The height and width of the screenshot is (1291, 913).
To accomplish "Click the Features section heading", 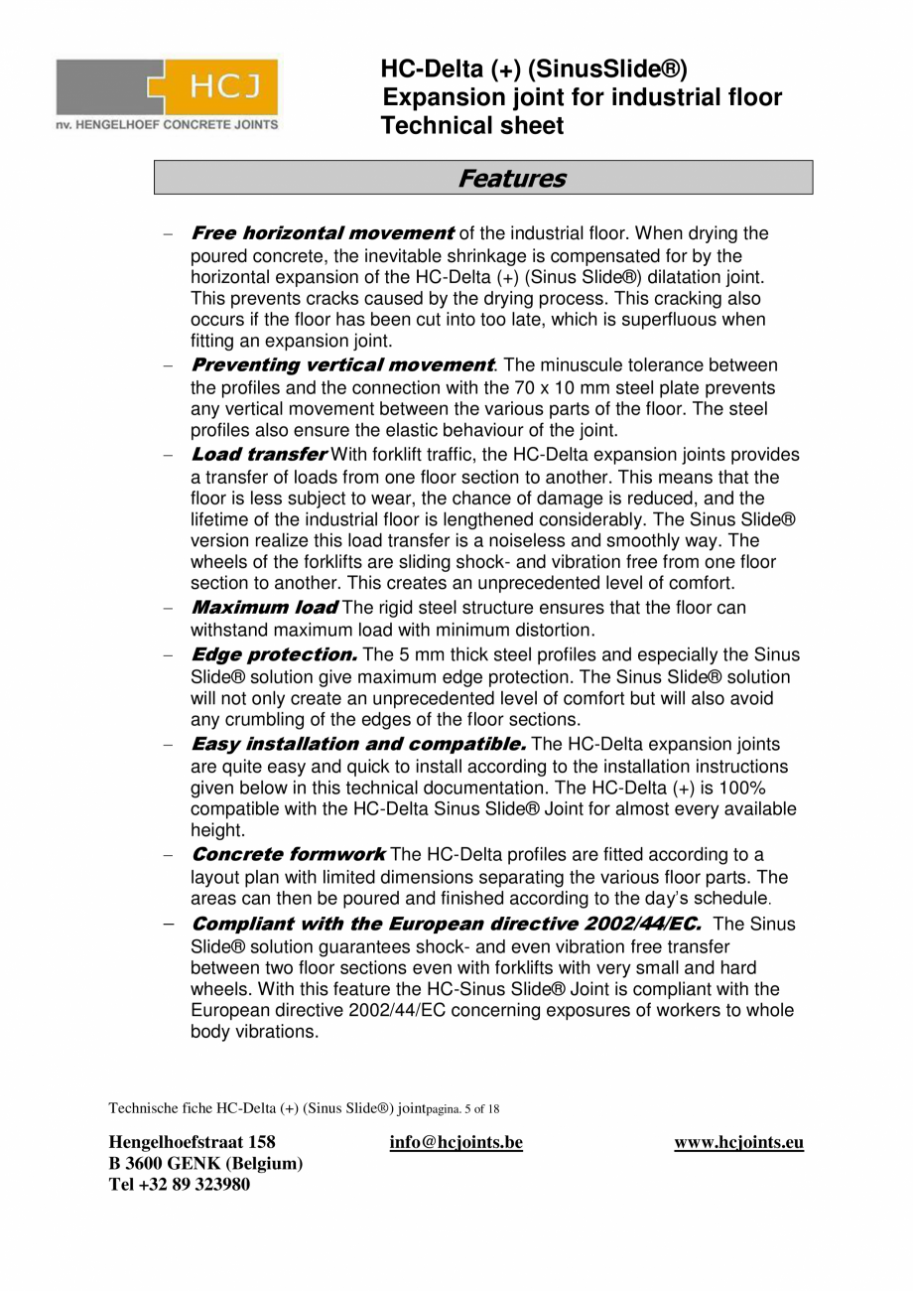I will click(x=511, y=179).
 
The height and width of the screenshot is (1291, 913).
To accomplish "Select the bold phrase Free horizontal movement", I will click(x=322, y=233).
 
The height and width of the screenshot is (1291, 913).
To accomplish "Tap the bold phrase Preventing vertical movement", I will click(x=341, y=365).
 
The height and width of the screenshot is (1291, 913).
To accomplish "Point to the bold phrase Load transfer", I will click(x=258, y=455).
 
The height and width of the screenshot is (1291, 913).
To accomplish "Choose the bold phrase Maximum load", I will click(x=264, y=607).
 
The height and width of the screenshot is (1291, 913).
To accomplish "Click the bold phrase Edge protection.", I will click(x=274, y=654).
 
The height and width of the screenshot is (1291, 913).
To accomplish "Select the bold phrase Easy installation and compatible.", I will click(x=357, y=744).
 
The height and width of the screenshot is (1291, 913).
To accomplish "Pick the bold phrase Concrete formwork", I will click(x=288, y=854).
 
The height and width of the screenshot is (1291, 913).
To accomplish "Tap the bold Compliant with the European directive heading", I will click(x=446, y=924).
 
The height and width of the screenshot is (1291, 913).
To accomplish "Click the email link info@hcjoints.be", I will click(x=456, y=1142).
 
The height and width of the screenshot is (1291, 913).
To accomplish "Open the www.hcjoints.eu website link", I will click(x=738, y=1142).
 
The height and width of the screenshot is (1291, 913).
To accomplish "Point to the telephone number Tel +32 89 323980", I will click(x=179, y=1184).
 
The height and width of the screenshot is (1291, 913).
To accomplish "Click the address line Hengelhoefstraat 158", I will click(x=192, y=1142).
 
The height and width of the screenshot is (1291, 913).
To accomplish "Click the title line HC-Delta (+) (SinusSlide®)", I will click(x=533, y=69).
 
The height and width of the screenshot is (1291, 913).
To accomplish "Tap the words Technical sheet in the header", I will click(x=472, y=126).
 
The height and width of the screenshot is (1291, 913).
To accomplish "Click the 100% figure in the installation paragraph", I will click(x=742, y=788).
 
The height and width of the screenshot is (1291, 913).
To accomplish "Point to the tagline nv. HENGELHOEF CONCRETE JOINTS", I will click(x=167, y=125).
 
